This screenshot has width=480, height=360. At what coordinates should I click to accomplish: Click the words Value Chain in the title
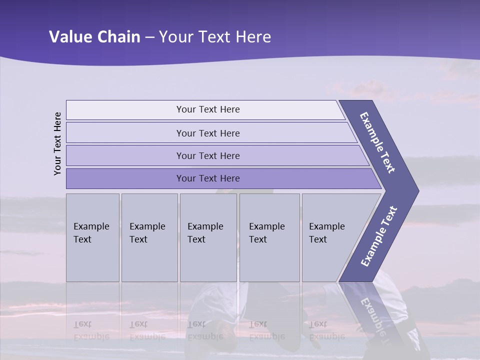(94, 37)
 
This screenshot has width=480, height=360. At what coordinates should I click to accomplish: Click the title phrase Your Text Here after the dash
(215, 37)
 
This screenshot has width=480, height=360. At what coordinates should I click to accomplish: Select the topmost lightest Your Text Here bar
(207, 109)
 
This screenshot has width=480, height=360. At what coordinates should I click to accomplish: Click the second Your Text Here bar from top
(207, 133)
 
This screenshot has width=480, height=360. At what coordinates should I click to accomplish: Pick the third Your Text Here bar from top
(207, 155)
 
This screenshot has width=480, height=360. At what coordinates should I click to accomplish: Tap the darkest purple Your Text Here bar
(207, 178)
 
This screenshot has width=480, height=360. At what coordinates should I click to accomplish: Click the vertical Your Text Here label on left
(58, 143)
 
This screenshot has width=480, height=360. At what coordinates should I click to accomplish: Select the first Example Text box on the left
(92, 237)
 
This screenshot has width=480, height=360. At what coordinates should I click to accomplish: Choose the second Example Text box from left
(149, 237)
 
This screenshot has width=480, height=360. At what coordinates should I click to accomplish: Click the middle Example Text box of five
(208, 237)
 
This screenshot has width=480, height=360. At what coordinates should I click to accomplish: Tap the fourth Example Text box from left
(269, 237)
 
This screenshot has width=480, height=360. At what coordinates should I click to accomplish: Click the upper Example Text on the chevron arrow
(377, 142)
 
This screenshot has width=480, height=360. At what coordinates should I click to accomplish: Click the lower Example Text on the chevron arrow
(379, 236)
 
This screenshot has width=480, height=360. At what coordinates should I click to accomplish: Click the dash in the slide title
(149, 37)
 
